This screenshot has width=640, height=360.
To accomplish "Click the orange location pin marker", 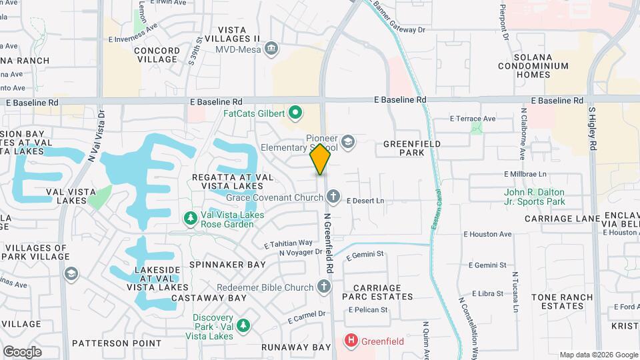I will tap(320, 159).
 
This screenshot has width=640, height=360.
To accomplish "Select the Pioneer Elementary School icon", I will tap(347, 142).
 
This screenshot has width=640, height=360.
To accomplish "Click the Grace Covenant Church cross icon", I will tap(333, 197).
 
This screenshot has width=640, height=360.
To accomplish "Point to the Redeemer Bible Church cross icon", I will tap(323, 287).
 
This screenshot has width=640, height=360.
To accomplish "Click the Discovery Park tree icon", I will tap(244, 325).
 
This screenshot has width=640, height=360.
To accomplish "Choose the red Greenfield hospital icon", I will tap(351, 341).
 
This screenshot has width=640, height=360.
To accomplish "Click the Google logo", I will tap(22, 351).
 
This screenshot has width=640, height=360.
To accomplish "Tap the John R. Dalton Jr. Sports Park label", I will tap(534, 197).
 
